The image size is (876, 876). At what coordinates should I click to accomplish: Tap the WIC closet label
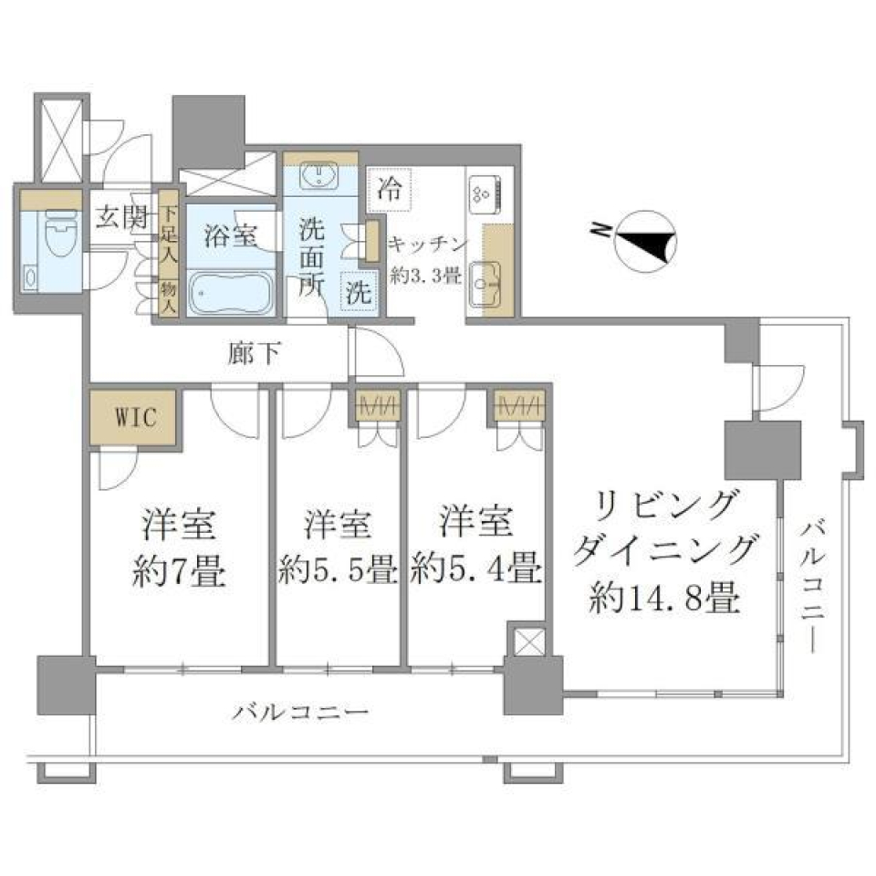pos(135,418)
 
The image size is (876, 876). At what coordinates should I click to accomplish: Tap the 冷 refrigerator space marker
pos(390,192)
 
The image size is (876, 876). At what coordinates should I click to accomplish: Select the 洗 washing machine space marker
pos(358,294)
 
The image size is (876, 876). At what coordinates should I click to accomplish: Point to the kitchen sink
pos(485,284)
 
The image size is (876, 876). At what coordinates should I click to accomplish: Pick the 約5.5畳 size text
pos(337,570)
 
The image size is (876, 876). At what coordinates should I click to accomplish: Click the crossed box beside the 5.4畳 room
pos(528,640)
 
